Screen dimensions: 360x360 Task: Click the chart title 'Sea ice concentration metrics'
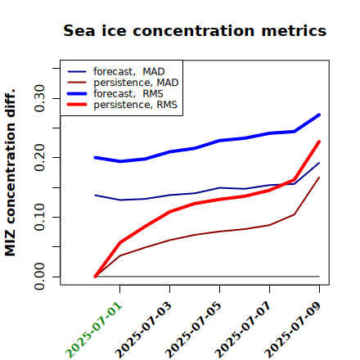pos(195,31)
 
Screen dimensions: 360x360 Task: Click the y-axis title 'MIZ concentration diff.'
pos(10,173)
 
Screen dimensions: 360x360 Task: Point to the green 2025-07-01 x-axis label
pos(94,330)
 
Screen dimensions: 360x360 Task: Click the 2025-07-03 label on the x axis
pos(144,330)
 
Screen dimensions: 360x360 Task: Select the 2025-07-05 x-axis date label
pos(194,330)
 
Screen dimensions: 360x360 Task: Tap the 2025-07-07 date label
pos(244,330)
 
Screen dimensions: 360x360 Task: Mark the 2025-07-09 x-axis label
pos(294,330)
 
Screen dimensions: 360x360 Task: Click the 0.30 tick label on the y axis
pos(39,98)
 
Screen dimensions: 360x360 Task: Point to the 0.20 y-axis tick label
pos(39,158)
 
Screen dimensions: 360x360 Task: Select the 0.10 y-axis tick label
pos(39,217)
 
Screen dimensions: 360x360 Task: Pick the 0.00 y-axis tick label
pos(39,277)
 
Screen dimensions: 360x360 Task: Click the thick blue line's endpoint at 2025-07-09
pos(319,115)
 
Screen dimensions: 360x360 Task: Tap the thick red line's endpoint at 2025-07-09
pos(319,142)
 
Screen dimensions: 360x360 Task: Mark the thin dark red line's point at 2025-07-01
pos(120,255)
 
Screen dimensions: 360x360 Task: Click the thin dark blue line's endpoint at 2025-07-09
pos(319,163)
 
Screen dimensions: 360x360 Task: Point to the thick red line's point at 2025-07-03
pos(169,211)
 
